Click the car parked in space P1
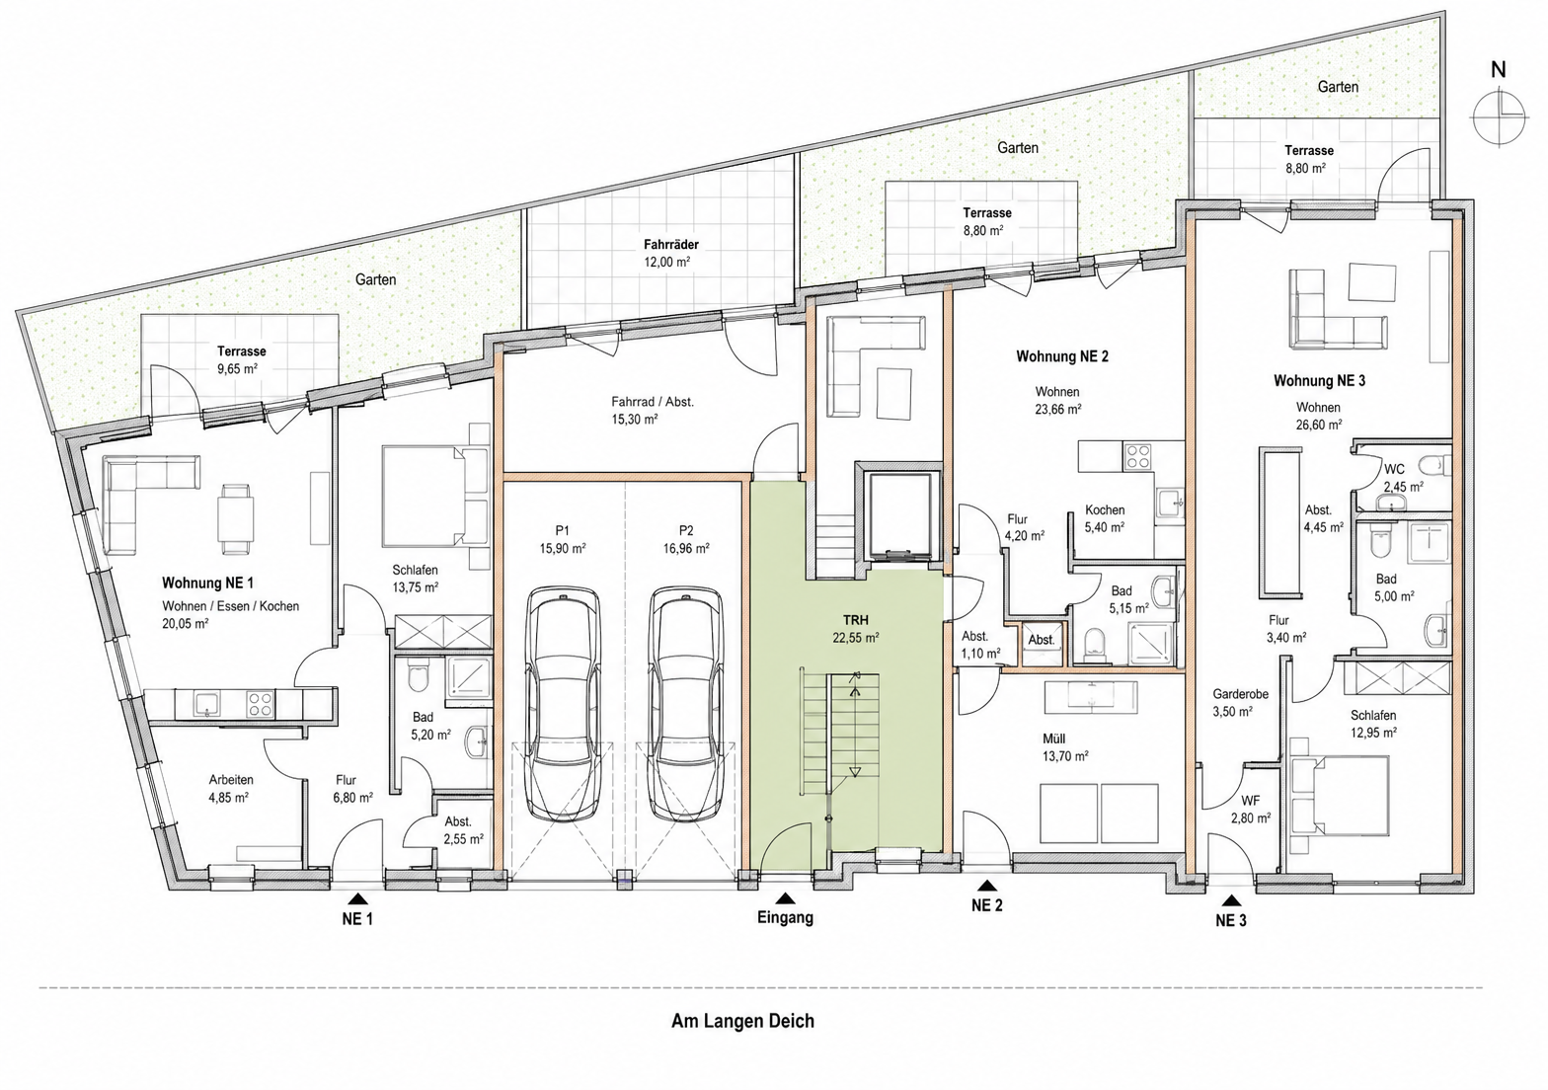click(563, 704)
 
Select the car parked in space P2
click(686, 704)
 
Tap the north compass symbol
click(1499, 117)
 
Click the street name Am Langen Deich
click(742, 1021)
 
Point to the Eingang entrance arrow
click(784, 898)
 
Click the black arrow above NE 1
click(357, 898)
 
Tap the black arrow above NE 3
click(1231, 899)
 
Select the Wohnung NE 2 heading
click(1062, 356)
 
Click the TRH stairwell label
click(856, 620)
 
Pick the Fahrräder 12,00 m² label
click(671, 253)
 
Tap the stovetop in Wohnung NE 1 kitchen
click(261, 704)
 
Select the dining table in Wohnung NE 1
click(235, 514)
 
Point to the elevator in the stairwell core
click(897, 515)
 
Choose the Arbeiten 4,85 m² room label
click(231, 788)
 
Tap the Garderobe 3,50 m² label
click(1240, 702)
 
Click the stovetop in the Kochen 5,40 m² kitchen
click(1137, 455)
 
